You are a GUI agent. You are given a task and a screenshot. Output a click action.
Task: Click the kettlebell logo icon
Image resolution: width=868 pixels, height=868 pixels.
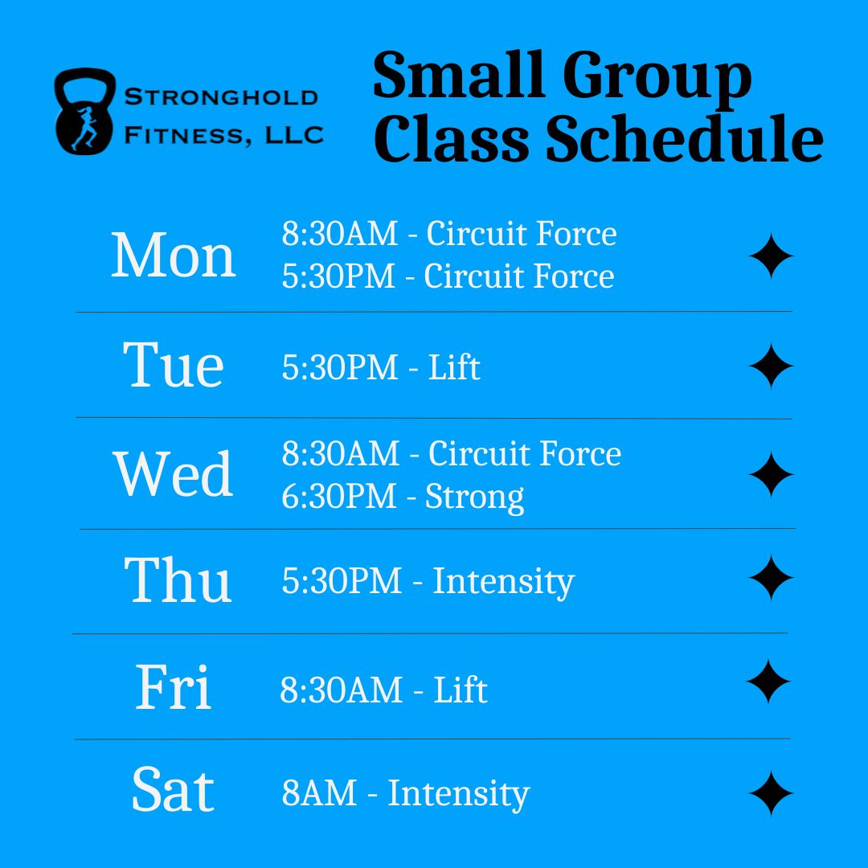coord(84,111)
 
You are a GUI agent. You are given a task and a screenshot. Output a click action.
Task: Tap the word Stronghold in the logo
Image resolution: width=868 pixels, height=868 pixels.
coord(221,97)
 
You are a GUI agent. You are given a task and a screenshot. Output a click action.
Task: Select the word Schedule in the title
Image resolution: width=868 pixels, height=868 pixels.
coord(684,138)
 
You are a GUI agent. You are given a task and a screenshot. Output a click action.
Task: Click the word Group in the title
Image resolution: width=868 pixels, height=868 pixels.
coord(657,76)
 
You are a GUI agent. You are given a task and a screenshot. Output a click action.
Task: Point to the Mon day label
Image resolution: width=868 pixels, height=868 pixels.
coord(174,256)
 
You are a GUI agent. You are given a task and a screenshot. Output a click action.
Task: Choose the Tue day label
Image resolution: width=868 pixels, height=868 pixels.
coord(174,364)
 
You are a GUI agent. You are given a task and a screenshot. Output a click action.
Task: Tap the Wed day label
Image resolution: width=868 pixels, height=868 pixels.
coord(174,473)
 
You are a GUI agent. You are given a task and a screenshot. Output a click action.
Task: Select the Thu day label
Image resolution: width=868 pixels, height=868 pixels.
coord(177,579)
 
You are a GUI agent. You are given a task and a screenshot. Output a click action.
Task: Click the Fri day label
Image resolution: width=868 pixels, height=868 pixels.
coord(174,686)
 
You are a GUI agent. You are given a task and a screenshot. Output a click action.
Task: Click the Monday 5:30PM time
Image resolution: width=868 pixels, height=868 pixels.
coord(339,276)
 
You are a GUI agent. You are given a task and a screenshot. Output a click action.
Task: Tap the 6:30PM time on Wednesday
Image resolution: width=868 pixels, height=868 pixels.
coord(339,496)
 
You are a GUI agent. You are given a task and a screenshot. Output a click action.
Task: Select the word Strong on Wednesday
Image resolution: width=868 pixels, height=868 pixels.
coord(474,497)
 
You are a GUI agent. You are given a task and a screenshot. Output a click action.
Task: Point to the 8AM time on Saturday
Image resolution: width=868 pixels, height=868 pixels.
coord(319,792)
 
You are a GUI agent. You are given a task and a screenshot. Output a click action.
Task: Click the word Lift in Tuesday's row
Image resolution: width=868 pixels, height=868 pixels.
coord(454,367)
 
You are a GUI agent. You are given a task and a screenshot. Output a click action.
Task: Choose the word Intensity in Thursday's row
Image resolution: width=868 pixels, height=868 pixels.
coord(503,583)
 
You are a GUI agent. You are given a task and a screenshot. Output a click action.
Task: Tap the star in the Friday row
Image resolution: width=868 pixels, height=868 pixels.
coord(769,681)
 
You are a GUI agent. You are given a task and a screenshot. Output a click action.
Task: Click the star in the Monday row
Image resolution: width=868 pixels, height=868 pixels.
coord(771,256)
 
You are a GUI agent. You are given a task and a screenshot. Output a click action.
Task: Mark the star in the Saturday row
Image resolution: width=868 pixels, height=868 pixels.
coord(771,793)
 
